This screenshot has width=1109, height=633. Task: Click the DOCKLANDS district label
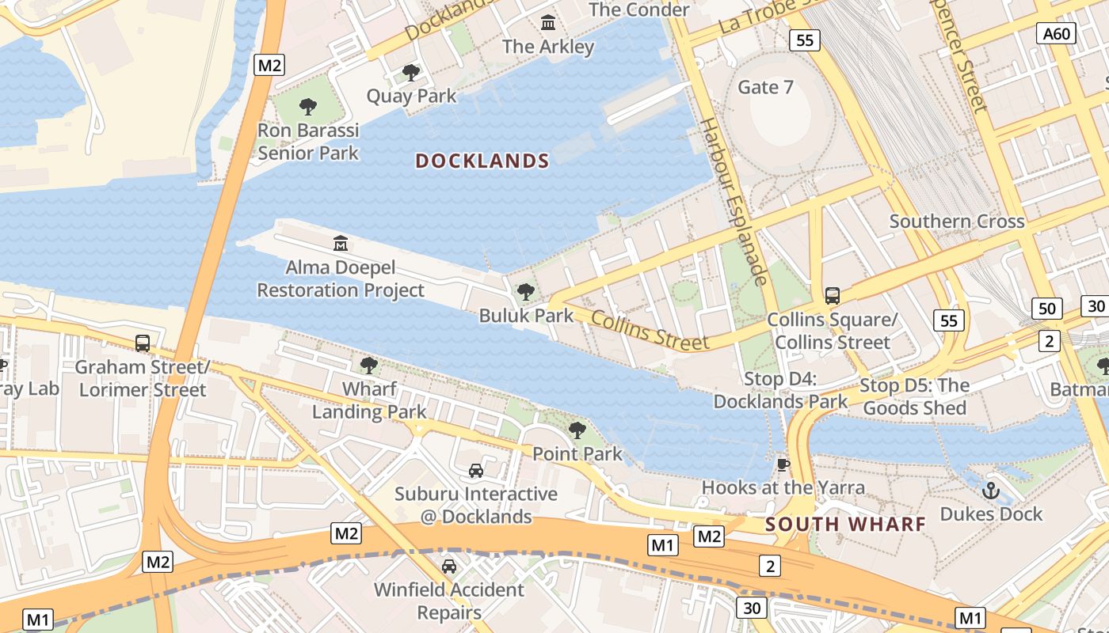click(x=482, y=161)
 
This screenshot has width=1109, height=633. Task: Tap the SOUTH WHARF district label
click(x=845, y=524)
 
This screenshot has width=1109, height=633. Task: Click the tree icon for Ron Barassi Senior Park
click(x=308, y=106)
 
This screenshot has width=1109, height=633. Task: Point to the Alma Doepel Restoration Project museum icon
click(x=341, y=243)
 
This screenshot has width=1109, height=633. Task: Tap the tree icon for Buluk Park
click(x=525, y=292)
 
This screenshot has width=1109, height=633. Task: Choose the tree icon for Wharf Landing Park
click(x=368, y=365)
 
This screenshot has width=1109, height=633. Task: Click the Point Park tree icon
click(x=577, y=430)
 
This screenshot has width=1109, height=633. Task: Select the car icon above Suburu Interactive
click(x=476, y=470)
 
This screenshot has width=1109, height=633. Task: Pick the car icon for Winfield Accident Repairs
click(x=449, y=566)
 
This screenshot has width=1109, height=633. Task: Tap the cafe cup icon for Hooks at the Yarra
click(x=783, y=464)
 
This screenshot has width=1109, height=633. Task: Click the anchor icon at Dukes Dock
click(x=990, y=491)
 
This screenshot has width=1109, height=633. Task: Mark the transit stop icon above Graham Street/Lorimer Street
click(x=143, y=343)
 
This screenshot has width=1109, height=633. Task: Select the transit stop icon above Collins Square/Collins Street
click(x=832, y=296)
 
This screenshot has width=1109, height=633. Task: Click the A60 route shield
click(x=1057, y=33)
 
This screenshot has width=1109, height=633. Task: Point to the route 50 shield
click(x=1047, y=308)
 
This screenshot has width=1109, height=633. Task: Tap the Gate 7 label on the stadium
click(x=765, y=87)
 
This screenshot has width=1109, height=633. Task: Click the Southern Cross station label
click(x=957, y=222)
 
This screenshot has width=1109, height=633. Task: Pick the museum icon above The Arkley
click(x=548, y=23)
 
